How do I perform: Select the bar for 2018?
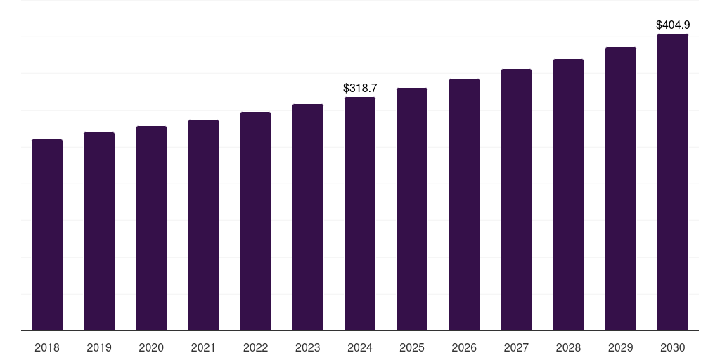pyautogui.click(x=47, y=235)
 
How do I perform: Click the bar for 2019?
pyautogui.click(x=99, y=231)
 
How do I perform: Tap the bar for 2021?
pyautogui.click(x=203, y=225)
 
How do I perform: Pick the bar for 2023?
pyautogui.click(x=308, y=217)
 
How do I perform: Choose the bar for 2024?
pyautogui.click(x=360, y=214)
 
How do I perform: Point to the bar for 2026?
pyautogui.click(x=464, y=205)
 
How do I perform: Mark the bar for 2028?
pyautogui.click(x=568, y=195)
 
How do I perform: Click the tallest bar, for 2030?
pyautogui.click(x=673, y=182)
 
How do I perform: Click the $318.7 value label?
pyautogui.click(x=360, y=88)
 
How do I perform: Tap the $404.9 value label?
pyautogui.click(x=673, y=25)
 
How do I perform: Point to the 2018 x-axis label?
pyautogui.click(x=47, y=347)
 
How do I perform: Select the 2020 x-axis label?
pyautogui.click(x=151, y=347)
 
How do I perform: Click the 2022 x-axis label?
pyautogui.click(x=255, y=347)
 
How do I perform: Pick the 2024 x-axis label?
pyautogui.click(x=360, y=347)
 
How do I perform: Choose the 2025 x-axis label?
pyautogui.click(x=412, y=347)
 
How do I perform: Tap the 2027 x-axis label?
pyautogui.click(x=516, y=347)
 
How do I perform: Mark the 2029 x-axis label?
pyautogui.click(x=620, y=347)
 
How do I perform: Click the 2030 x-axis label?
pyautogui.click(x=673, y=347)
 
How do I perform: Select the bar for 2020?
pyautogui.click(x=152, y=229)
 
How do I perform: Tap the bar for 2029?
pyautogui.click(x=621, y=188)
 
